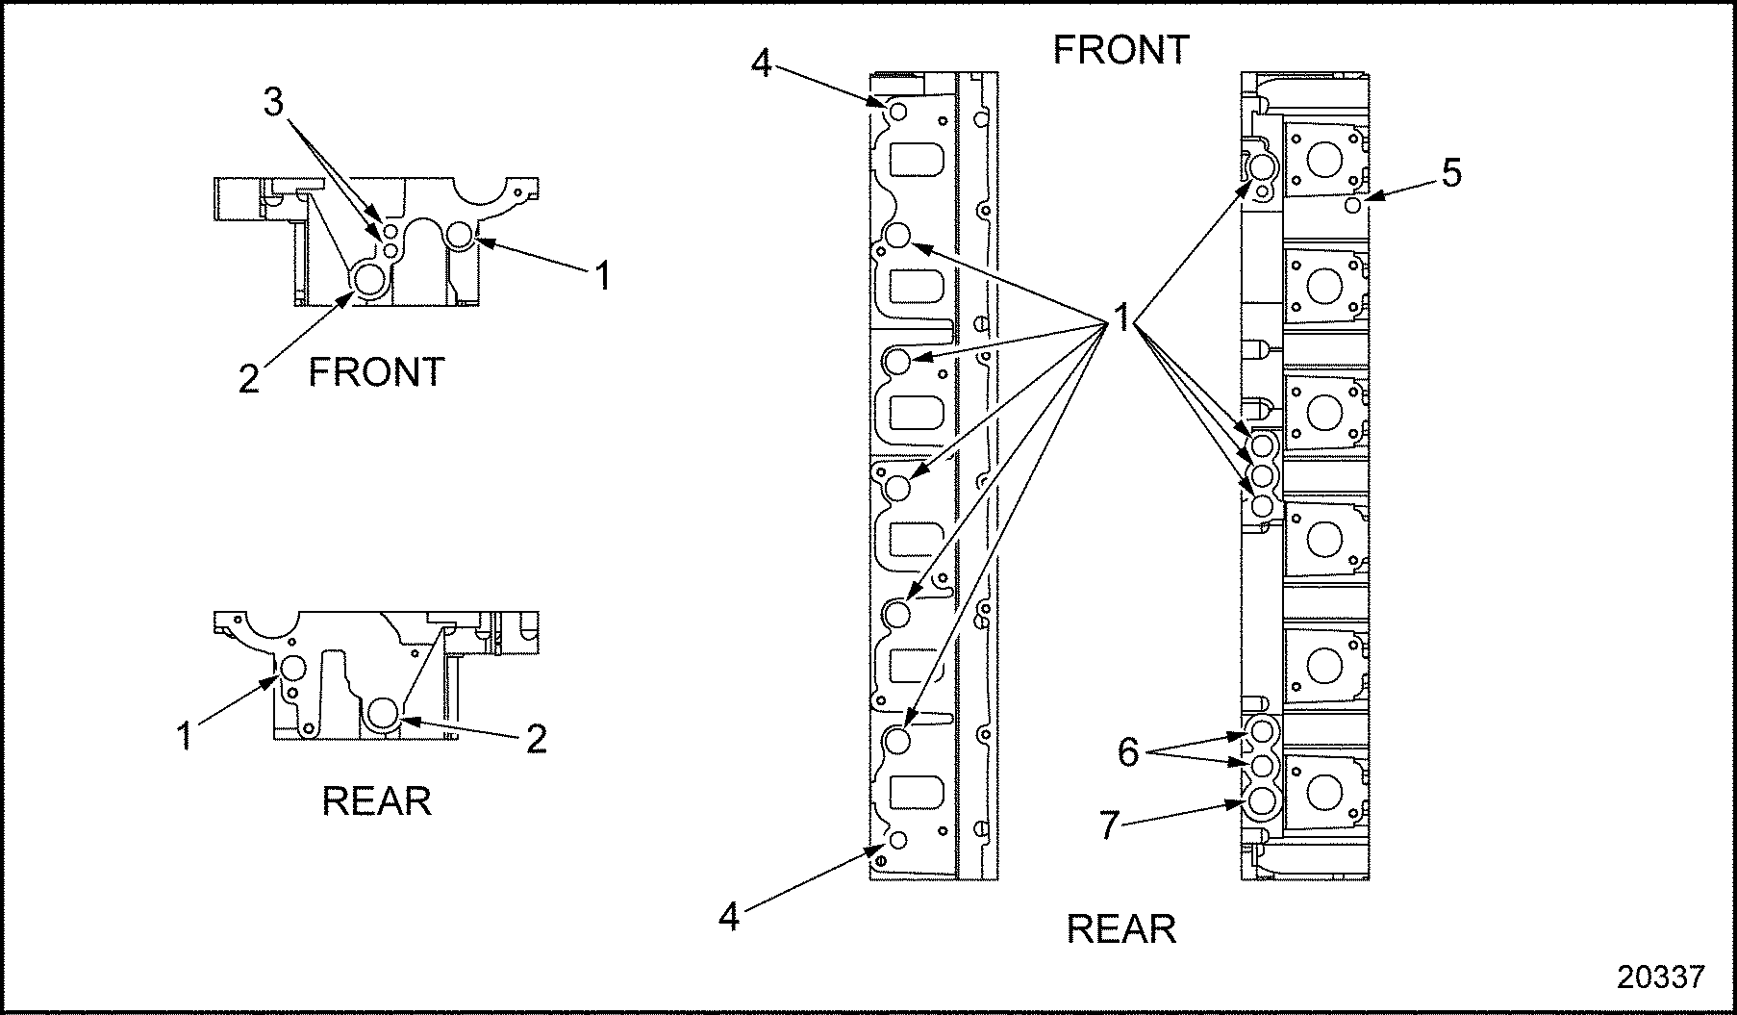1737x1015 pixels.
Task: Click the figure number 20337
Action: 1660,977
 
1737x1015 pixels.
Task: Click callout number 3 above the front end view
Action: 274,102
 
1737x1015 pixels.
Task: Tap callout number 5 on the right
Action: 1450,173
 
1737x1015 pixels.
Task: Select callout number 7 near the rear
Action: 1110,825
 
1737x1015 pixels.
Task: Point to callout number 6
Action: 1127,751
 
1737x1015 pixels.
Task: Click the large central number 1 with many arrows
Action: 1121,317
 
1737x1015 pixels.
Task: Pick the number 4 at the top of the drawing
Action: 761,63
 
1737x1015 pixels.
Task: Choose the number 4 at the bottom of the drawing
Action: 730,917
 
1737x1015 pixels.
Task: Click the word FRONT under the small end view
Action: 376,372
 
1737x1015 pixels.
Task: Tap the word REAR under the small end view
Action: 376,801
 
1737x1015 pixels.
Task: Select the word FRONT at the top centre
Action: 1121,50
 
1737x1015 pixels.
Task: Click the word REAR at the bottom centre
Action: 1121,929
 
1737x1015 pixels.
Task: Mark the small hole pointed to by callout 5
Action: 1352,205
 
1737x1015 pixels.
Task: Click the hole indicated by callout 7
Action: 1261,800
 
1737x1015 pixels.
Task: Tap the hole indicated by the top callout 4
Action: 897,113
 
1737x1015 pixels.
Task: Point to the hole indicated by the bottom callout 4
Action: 897,840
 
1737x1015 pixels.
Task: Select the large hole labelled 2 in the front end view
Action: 370,279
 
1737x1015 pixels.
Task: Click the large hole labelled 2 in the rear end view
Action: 383,713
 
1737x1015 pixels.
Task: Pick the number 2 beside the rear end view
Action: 536,739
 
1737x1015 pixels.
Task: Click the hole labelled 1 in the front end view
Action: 461,234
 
